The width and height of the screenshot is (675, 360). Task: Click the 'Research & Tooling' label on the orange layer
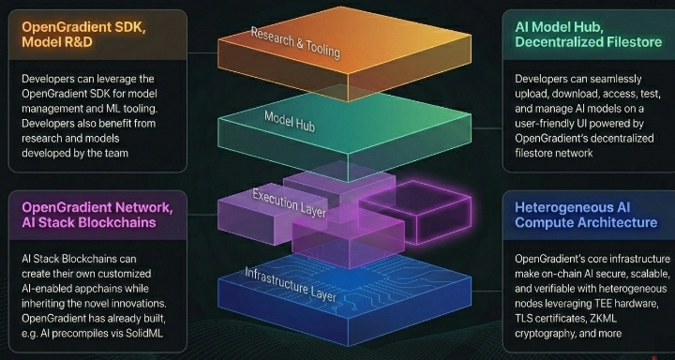click(x=295, y=42)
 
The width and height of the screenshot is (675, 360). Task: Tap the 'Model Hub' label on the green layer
click(x=290, y=121)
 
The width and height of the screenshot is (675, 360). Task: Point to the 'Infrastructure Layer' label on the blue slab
click(x=290, y=284)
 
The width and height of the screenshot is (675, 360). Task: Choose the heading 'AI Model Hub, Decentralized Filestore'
click(x=588, y=35)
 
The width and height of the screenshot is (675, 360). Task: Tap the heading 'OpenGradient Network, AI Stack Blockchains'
click(x=97, y=215)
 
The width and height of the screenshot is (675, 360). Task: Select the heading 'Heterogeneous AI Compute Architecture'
click(x=586, y=215)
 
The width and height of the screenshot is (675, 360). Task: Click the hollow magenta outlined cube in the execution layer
click(x=415, y=212)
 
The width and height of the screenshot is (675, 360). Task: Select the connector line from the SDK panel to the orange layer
click(x=202, y=52)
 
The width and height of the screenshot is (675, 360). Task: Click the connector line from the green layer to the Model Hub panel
click(x=487, y=127)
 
